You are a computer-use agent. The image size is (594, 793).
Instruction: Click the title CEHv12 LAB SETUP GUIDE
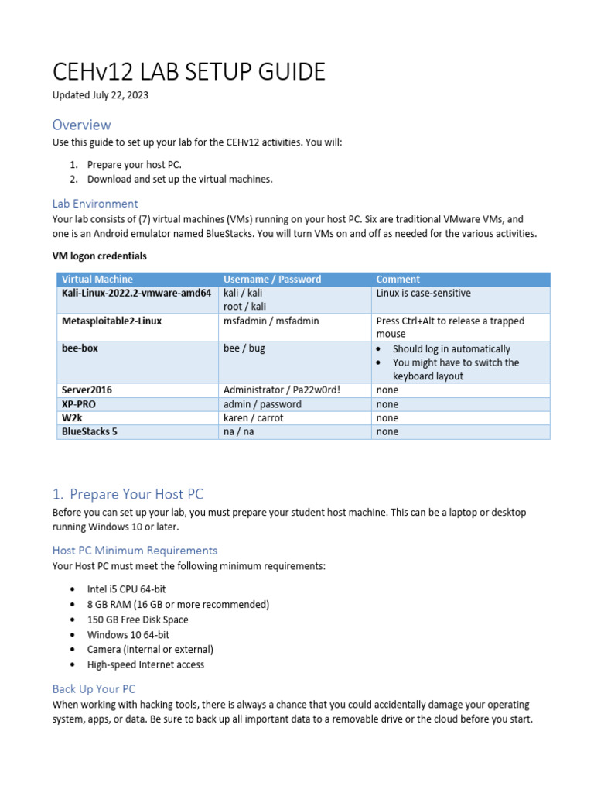(x=189, y=72)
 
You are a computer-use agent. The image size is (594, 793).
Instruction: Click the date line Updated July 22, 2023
(x=101, y=95)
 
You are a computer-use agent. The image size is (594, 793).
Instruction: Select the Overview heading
(x=81, y=125)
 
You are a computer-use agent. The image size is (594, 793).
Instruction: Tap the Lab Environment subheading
(x=95, y=204)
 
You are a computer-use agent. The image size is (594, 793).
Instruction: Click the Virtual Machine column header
(x=97, y=279)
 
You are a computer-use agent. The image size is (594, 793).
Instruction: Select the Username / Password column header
(x=271, y=279)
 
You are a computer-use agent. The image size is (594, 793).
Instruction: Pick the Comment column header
(x=398, y=279)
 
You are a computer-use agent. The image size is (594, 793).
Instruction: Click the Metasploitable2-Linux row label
(x=111, y=321)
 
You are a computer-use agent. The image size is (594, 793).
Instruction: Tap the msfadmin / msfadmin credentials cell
(x=271, y=321)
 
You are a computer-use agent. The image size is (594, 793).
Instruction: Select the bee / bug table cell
(x=244, y=348)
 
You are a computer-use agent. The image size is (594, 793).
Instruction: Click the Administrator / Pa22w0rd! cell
(x=282, y=390)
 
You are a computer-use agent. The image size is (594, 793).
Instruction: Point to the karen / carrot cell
(x=253, y=417)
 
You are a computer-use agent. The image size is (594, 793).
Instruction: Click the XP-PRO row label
(x=79, y=403)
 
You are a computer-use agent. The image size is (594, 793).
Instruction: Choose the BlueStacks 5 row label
(x=90, y=431)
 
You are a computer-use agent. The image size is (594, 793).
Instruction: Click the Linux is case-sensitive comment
(x=423, y=293)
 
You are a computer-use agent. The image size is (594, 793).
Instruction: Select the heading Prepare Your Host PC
(x=136, y=494)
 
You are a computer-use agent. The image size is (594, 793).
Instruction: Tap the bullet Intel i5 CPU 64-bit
(x=126, y=589)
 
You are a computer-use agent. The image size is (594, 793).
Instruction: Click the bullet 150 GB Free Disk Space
(x=138, y=620)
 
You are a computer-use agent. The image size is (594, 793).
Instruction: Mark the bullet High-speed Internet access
(x=145, y=664)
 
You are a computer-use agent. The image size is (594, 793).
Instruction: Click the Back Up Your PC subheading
(x=94, y=688)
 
